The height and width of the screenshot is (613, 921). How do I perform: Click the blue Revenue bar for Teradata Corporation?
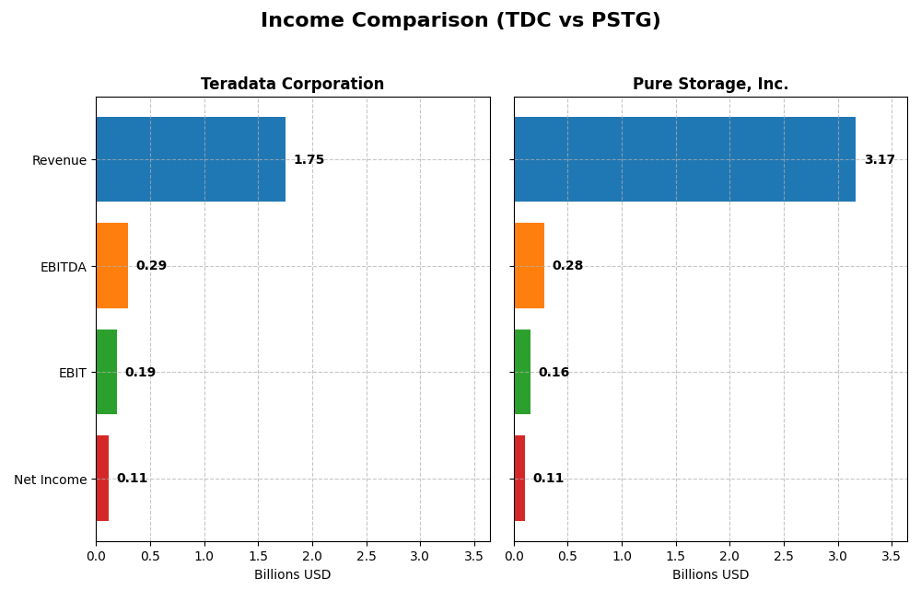(191, 159)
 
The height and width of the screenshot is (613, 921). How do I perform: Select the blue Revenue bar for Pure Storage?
(684, 159)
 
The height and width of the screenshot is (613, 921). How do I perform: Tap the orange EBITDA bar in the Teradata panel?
(111, 266)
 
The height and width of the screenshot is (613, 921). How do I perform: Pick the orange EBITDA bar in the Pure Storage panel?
(529, 266)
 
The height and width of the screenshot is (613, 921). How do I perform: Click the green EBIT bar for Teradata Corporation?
(106, 372)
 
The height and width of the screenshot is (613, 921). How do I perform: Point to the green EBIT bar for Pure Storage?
(522, 372)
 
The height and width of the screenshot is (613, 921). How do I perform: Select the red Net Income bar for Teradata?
(102, 479)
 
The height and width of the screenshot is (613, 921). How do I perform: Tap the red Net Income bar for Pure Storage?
(519, 479)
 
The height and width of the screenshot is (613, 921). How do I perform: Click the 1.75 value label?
(309, 160)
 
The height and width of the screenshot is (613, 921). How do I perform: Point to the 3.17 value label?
(879, 160)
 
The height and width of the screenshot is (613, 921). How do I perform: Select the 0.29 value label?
(151, 266)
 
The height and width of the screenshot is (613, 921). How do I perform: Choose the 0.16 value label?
(554, 373)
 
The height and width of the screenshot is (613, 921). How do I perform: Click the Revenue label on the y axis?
(59, 160)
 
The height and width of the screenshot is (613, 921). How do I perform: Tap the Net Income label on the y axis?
(50, 480)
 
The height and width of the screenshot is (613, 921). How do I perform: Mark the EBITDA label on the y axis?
(63, 267)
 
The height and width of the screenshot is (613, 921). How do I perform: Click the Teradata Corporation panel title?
(292, 85)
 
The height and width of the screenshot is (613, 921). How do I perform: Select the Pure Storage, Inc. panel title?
(710, 85)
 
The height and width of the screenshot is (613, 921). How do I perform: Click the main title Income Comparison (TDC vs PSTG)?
(460, 20)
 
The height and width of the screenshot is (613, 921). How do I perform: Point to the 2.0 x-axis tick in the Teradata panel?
(312, 557)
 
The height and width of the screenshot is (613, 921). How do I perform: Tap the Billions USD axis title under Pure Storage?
(710, 575)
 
